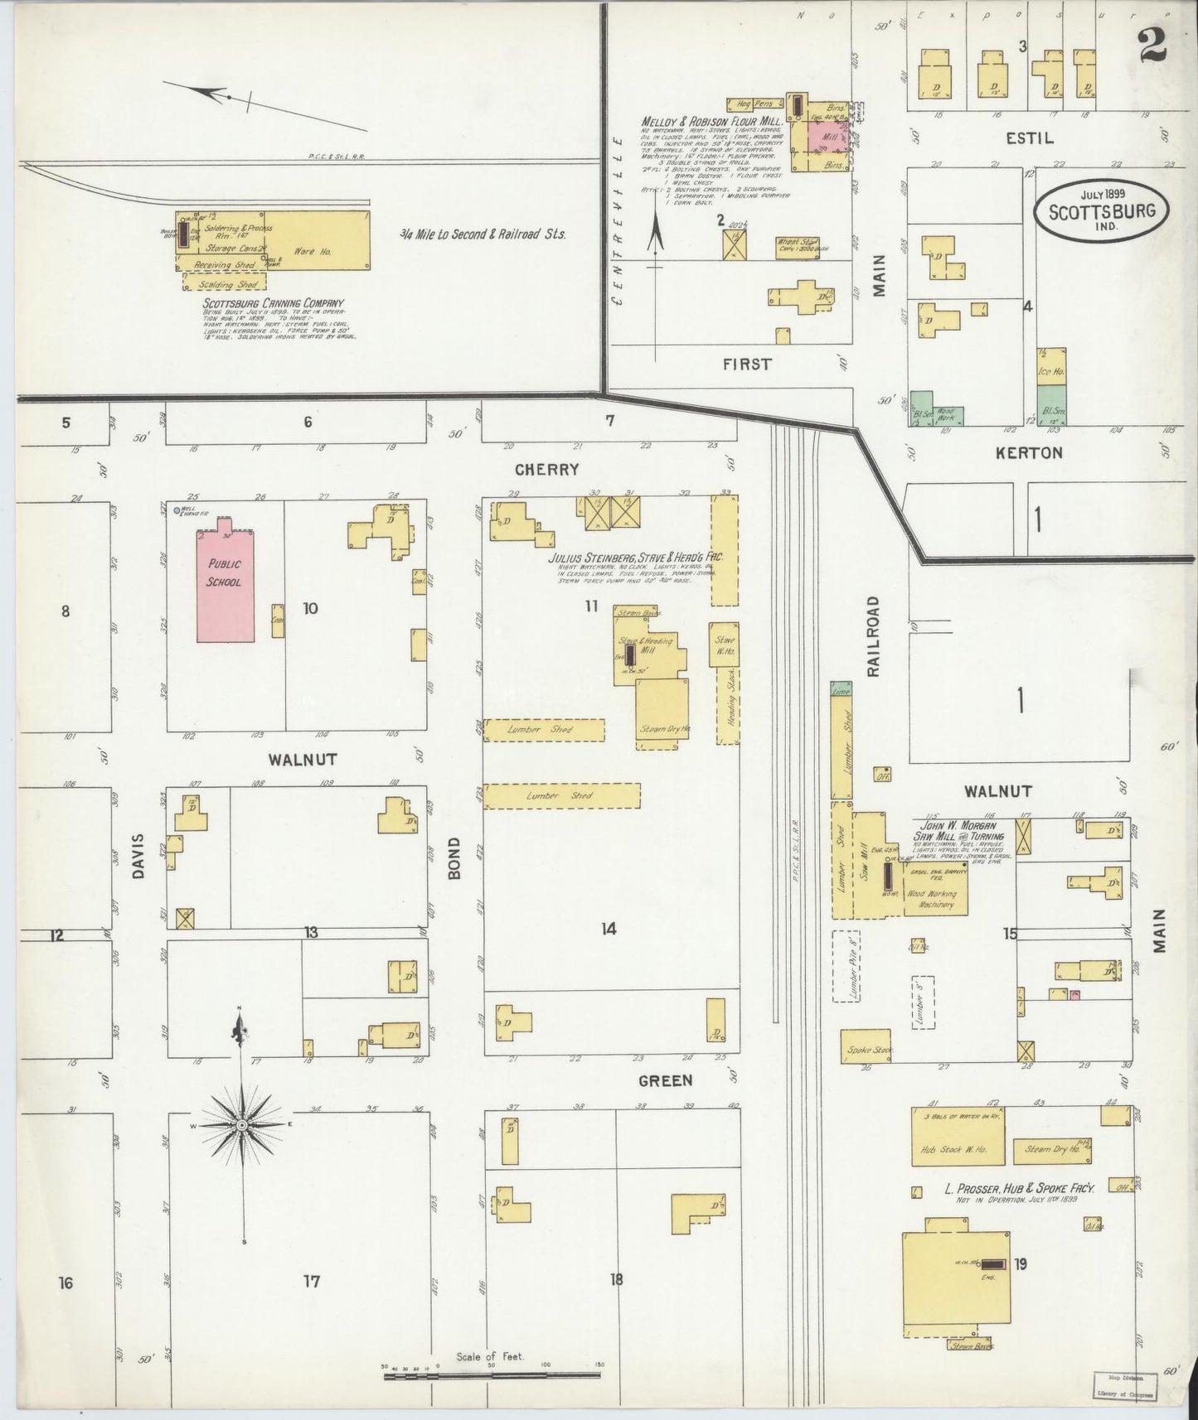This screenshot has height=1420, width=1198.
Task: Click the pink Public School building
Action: click(x=225, y=585)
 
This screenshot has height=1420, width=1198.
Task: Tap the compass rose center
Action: click(x=241, y=1125)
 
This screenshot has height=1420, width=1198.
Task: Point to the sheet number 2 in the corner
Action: click(x=1152, y=46)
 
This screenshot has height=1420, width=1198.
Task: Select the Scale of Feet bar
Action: click(x=492, y=1375)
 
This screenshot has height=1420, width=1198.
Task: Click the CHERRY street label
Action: click(x=546, y=470)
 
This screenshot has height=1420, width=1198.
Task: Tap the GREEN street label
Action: click(x=665, y=1080)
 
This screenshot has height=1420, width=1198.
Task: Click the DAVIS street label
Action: click(x=139, y=858)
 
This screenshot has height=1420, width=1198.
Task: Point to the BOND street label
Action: click(x=455, y=858)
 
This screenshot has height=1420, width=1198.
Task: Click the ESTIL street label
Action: click(x=1030, y=138)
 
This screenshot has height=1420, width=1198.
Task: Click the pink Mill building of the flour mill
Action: click(x=823, y=135)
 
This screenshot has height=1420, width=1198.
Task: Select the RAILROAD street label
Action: click(x=873, y=636)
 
